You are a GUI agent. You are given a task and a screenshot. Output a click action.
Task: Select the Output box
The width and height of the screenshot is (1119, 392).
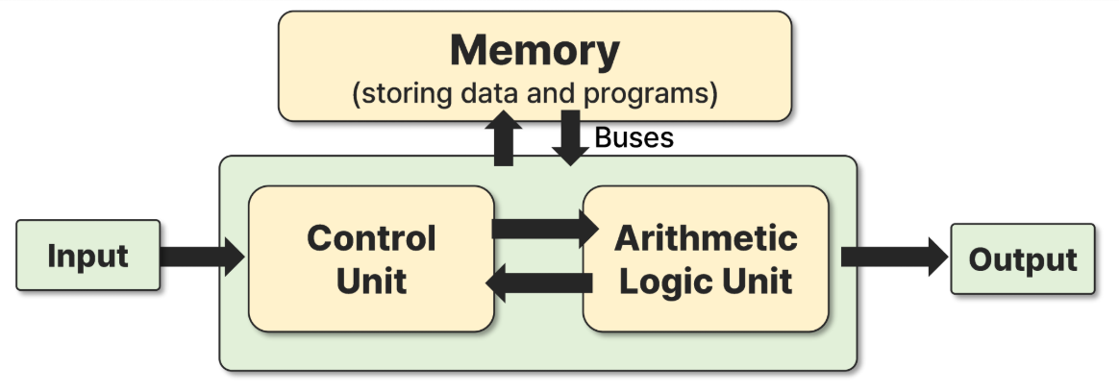pos(1022,258)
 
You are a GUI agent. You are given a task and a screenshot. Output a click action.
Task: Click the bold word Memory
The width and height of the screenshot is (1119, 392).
pos(535,50)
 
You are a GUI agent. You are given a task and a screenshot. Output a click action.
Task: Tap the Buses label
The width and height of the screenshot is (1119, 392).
pos(634,137)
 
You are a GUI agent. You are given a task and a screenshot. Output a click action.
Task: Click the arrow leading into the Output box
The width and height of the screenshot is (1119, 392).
pos(893,257)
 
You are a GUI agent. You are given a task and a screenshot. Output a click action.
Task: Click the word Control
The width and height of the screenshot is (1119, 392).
pos(371,237)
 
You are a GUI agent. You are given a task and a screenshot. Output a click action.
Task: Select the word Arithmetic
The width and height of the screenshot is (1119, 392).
pos(706,237)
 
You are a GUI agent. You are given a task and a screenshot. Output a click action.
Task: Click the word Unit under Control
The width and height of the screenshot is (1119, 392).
pos(371,282)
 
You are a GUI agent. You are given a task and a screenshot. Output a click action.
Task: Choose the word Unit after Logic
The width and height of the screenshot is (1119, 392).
pos(758,282)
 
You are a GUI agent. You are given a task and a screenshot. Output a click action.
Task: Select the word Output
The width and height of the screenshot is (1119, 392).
pos(1022,259)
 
